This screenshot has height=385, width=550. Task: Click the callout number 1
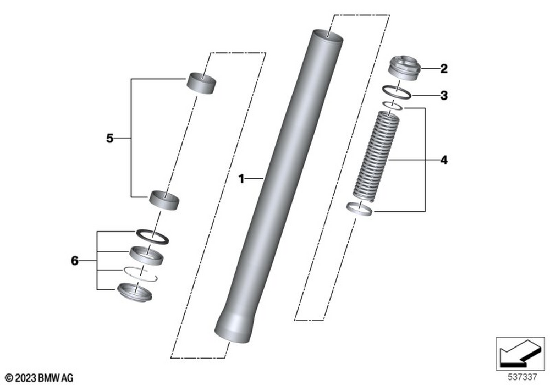(241, 179)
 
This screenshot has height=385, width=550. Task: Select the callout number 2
(443, 69)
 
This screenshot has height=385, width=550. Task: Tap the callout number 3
(443, 95)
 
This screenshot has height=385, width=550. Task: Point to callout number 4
(443, 161)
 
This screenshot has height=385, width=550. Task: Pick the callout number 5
(109, 139)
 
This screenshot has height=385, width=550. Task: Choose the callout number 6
(75, 260)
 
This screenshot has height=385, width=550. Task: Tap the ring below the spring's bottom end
(361, 209)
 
